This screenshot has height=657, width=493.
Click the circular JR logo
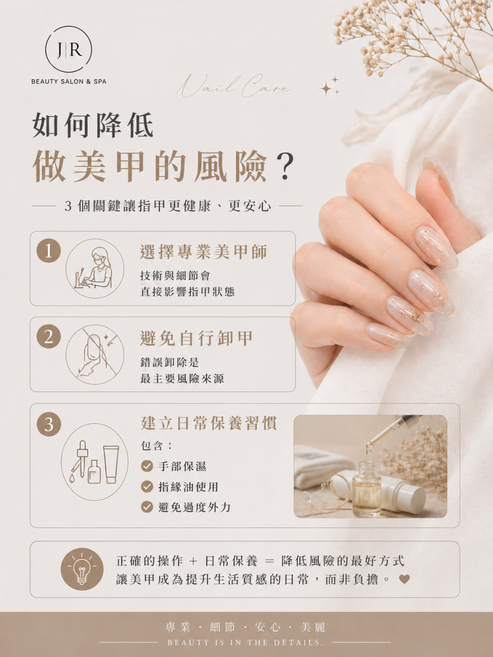(x=68, y=49)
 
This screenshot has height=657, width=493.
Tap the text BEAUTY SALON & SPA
(x=69, y=82)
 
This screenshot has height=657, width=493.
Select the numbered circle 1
(x=49, y=251)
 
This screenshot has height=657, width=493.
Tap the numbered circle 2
(x=49, y=336)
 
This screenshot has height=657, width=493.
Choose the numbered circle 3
(x=49, y=424)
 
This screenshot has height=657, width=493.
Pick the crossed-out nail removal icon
(x=95, y=354)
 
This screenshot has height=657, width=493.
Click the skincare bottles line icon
(x=95, y=462)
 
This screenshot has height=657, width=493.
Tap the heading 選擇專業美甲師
(x=204, y=252)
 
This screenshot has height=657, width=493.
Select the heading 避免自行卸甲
(x=197, y=338)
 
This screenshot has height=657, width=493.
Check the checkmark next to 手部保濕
(x=147, y=466)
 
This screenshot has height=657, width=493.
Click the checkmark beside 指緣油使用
(x=147, y=487)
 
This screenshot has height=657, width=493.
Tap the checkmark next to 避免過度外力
(x=147, y=507)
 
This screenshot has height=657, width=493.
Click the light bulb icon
(x=82, y=569)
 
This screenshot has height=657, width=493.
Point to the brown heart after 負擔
(x=404, y=579)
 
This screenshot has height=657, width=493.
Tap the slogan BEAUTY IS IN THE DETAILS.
(x=245, y=643)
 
